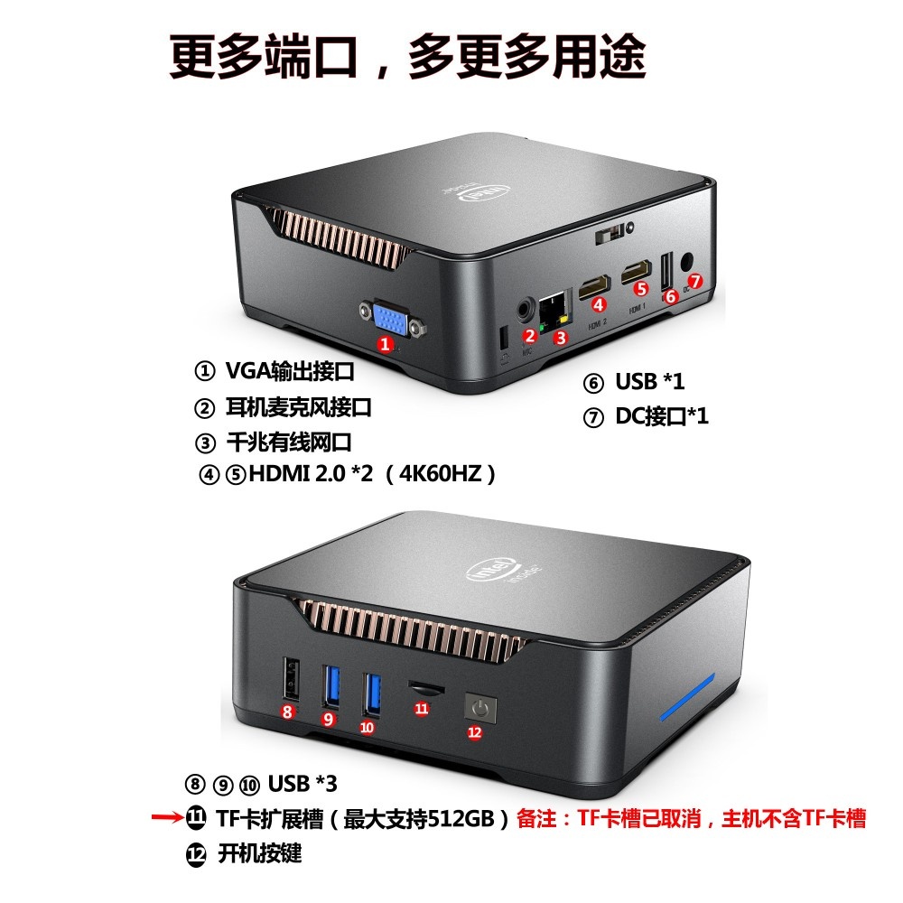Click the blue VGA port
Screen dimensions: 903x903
click(x=391, y=321)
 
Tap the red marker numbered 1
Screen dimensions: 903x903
click(x=386, y=344)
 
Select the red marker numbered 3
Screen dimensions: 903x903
click(x=561, y=339)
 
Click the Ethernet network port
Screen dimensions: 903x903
click(x=553, y=309)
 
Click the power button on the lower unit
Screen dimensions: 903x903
click(x=479, y=707)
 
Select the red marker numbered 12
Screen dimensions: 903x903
click(x=476, y=731)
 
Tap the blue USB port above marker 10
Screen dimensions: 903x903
click(x=370, y=694)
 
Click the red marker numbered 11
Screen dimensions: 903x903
click(x=422, y=709)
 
